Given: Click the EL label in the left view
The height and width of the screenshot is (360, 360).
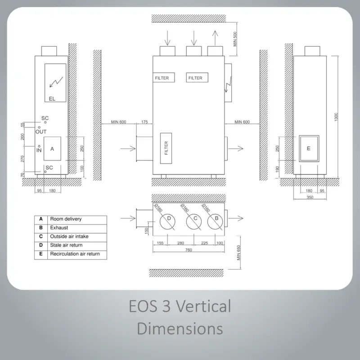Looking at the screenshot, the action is [x=52, y=99].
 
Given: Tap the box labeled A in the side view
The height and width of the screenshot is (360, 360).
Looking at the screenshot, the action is [x=52, y=148].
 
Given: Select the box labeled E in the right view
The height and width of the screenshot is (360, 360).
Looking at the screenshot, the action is [x=309, y=148].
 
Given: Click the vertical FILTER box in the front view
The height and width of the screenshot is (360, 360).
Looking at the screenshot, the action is [x=166, y=148].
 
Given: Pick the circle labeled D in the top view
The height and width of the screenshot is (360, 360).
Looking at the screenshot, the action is [x=167, y=222].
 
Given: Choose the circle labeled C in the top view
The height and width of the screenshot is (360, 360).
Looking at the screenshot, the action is [x=194, y=222].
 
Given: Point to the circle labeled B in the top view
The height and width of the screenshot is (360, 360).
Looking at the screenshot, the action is [x=215, y=222].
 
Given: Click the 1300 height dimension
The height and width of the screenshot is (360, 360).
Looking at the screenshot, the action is [x=336, y=117].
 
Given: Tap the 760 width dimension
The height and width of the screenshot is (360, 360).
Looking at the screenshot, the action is [x=189, y=250].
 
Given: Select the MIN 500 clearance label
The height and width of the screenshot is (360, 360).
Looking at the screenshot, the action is [x=235, y=39].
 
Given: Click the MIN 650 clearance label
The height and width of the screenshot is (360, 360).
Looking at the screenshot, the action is [x=239, y=253].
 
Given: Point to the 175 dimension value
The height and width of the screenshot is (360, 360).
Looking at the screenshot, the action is [x=144, y=122].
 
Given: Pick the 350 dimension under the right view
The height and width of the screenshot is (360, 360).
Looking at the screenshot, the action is [x=310, y=197].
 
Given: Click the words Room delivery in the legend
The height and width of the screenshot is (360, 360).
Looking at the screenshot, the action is [x=66, y=219].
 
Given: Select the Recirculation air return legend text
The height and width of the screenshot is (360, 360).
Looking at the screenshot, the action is [x=75, y=254].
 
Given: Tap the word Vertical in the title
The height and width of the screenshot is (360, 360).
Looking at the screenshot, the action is [x=203, y=306].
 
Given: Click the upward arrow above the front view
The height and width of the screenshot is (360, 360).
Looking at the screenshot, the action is [x=215, y=38].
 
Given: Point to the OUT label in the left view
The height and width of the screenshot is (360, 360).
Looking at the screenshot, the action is [x=41, y=132].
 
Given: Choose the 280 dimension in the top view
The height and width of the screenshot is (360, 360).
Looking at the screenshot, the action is [x=181, y=243].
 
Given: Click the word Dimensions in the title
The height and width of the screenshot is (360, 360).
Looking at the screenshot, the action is [x=180, y=328].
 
